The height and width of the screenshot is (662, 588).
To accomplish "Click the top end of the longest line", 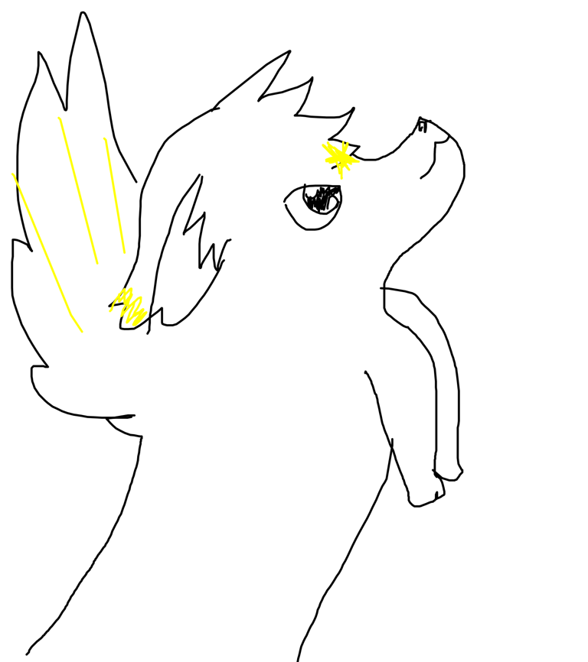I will coord(13,174).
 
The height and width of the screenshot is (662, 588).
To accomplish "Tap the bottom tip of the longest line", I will coord(82,332).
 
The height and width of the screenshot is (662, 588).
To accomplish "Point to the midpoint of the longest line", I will coord(44,249).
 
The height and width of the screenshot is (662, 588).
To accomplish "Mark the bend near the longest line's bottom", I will coord(71,314).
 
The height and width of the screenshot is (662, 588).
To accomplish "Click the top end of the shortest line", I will coord(105,138).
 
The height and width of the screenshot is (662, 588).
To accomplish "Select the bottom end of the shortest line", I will coord(124,252).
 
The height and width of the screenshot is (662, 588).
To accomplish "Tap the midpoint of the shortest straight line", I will coord(115,196).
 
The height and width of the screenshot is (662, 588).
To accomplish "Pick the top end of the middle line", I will coord(60,118).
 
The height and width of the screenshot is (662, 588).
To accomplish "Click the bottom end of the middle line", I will coord(97,264).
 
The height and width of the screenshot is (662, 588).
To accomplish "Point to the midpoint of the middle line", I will coord(78,191).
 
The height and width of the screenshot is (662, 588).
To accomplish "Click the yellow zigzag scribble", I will coord(129,306).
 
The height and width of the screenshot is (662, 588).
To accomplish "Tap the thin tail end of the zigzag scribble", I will coord(111,310).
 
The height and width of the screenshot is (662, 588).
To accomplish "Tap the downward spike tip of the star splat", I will coord(341,179).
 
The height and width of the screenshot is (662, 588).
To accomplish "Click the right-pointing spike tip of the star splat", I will coord(359,161).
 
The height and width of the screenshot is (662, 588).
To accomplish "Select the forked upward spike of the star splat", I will coord(345,143).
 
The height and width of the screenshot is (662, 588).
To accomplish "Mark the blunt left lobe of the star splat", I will coord(326,161).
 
